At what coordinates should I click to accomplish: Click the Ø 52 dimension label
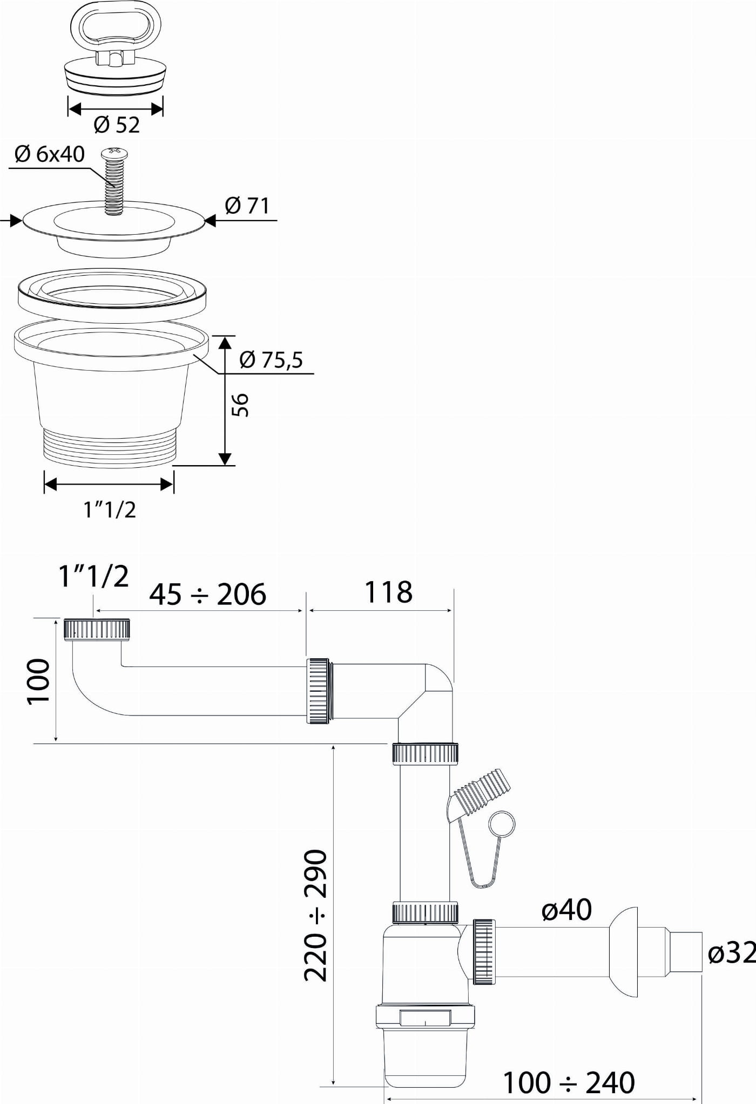click(x=116, y=125)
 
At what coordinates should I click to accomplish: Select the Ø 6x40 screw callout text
click(x=50, y=154)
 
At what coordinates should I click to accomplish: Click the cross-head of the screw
click(x=113, y=154)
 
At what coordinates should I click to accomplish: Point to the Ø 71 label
click(x=247, y=206)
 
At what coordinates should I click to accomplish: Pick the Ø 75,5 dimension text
click(x=271, y=360)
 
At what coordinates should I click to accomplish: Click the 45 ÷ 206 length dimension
click(x=208, y=594)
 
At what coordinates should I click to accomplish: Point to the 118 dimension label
click(x=388, y=592)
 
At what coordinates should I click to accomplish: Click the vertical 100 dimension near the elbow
click(x=39, y=681)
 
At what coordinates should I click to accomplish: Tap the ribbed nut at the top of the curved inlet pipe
click(x=98, y=630)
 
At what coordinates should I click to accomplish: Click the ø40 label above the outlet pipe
click(x=566, y=910)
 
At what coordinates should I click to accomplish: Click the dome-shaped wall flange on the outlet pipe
click(x=624, y=952)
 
